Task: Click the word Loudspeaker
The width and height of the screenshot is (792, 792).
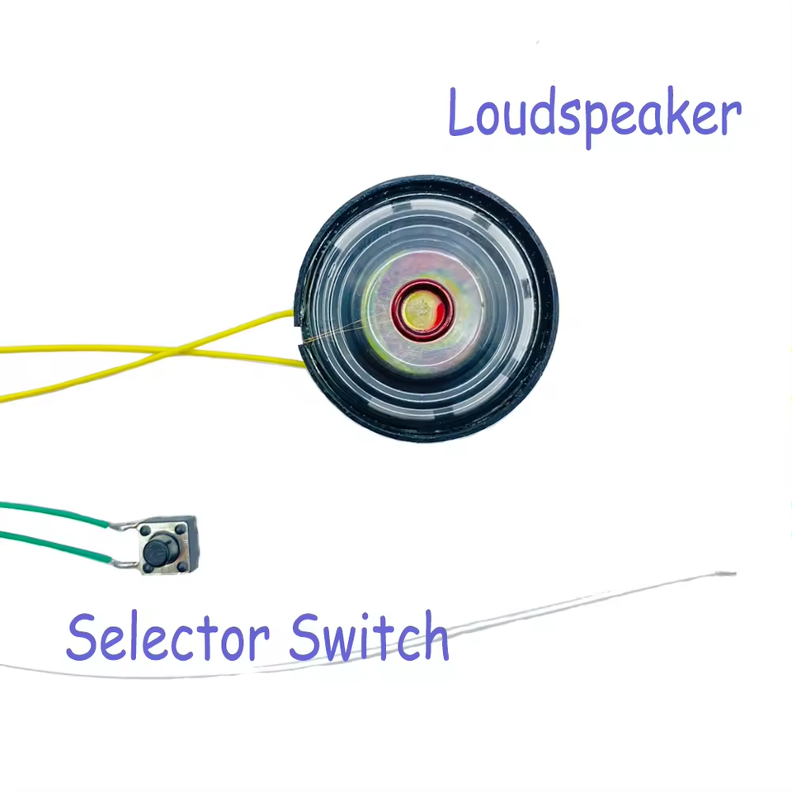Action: point(594,115)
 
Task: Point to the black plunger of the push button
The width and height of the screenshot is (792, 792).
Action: point(158,545)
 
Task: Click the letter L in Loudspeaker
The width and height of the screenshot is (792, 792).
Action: point(461,115)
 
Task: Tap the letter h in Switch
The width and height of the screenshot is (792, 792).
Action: point(434,637)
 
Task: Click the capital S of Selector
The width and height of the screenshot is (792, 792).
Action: point(82,637)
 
